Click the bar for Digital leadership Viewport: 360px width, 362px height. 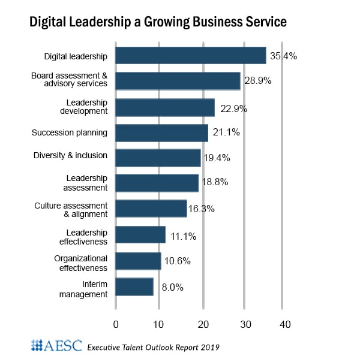coord(190,56)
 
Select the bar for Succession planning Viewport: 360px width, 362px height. coord(161,132)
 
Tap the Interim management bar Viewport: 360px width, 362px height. coord(134,286)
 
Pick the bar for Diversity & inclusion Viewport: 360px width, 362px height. coord(158,158)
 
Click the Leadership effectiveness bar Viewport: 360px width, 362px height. coord(140,235)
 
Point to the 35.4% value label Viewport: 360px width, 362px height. coord(283,56)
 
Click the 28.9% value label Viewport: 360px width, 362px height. coord(257,81)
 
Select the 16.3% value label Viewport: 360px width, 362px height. coord(203,209)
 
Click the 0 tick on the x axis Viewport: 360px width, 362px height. coord(116,324)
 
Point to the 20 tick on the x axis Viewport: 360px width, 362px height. coord(203,324)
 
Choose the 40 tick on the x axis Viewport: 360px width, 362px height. coord(285,324)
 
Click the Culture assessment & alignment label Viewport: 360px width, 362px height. coord(71,209)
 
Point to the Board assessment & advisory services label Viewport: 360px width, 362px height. coord(69,80)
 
